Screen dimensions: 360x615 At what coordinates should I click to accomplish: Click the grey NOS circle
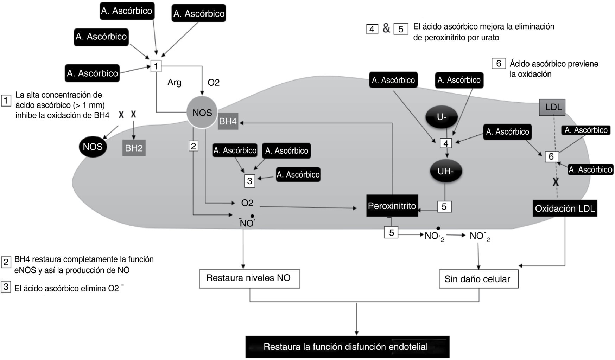(x=202, y=112)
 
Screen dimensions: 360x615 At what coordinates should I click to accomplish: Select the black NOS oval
(x=93, y=147)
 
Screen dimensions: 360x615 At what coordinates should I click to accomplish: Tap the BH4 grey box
(x=228, y=121)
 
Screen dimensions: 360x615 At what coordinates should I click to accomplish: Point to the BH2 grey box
(x=134, y=148)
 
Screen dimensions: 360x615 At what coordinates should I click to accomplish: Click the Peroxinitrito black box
(x=392, y=206)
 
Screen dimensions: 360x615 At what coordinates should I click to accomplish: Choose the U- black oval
(x=442, y=117)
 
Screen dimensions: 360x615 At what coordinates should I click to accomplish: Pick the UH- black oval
(x=445, y=172)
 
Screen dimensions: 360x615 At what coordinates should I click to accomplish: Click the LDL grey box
(x=552, y=107)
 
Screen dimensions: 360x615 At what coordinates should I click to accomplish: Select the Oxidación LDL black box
(x=565, y=208)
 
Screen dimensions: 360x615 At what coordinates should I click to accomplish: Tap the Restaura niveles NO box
(x=249, y=278)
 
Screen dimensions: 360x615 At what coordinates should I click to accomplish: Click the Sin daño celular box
(x=478, y=279)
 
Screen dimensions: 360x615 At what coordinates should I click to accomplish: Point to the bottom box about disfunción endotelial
(x=347, y=347)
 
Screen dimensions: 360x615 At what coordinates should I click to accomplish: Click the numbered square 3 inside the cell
(x=249, y=181)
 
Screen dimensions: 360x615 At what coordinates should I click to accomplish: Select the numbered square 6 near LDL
(x=551, y=156)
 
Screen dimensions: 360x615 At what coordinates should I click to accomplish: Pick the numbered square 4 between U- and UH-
(x=446, y=143)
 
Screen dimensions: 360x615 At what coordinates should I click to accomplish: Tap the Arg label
(x=175, y=83)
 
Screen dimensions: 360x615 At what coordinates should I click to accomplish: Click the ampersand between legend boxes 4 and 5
(x=386, y=28)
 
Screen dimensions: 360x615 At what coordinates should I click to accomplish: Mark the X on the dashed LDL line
(x=556, y=182)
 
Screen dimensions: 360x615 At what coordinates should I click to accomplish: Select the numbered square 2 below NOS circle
(x=193, y=146)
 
